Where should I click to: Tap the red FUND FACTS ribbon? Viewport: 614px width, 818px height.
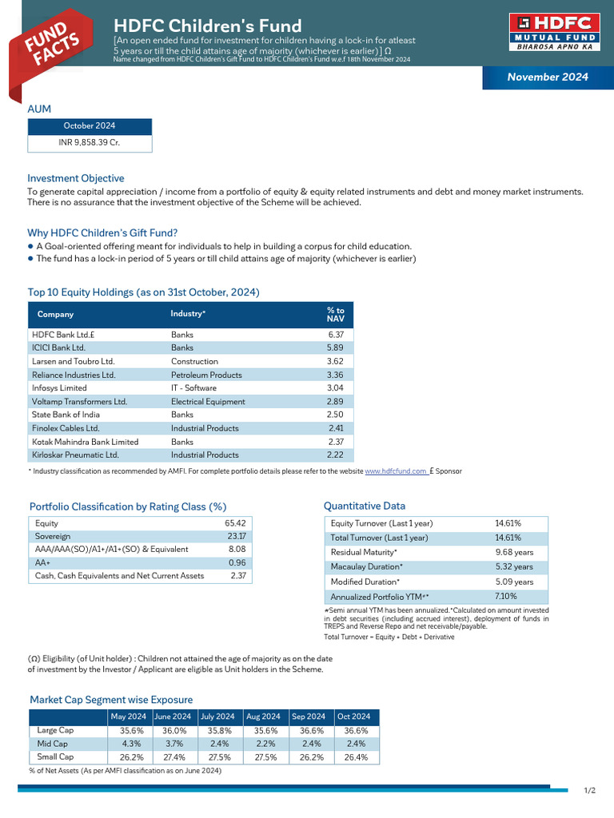50,46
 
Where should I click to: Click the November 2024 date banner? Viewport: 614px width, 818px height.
548,77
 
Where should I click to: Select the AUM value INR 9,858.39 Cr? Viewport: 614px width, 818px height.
90,142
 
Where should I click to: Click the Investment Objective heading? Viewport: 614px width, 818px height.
76,178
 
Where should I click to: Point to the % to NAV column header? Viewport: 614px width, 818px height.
335,314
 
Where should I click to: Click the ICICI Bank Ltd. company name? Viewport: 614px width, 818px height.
58,348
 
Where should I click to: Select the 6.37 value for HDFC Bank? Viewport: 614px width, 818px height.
335,335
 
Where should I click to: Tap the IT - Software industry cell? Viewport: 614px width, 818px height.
193,388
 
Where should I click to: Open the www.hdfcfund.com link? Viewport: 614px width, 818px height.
396,471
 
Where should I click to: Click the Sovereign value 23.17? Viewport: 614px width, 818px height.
236,537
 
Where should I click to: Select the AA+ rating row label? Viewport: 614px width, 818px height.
43,562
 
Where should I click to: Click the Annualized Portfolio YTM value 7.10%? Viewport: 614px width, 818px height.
506,596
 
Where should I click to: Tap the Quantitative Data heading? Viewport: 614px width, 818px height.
364,506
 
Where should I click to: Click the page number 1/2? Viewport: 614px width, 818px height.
589,791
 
